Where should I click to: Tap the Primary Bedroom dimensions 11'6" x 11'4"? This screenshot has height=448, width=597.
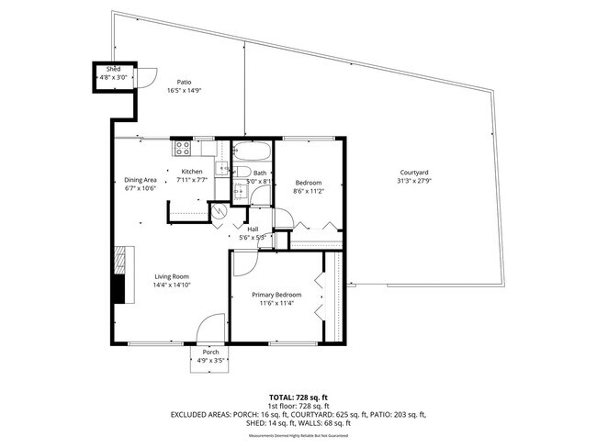coord(276,303)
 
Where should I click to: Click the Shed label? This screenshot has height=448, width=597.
coord(113,69)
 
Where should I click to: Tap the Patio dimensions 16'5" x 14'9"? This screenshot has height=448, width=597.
coord(184,91)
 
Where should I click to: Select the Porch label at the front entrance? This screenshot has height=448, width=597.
coord(210,352)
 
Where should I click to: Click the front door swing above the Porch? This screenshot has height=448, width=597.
coord(211,328)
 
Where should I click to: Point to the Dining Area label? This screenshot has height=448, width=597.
coord(141,180)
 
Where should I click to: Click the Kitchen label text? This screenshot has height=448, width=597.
coord(191,172)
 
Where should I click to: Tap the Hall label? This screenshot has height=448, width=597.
coord(253,229)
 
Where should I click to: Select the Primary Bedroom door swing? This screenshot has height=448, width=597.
coord(245,263)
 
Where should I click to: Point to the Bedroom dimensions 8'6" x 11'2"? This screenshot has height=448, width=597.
coord(310,191)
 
